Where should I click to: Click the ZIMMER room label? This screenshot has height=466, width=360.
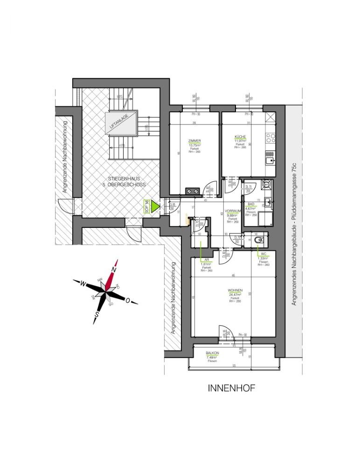pos(194,141)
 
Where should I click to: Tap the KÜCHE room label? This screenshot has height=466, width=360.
pos(241,136)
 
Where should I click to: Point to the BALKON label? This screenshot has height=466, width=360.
pos(212,354)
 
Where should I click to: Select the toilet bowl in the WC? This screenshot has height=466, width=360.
pos(260,240)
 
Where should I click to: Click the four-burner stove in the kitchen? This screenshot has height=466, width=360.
pos(270,138)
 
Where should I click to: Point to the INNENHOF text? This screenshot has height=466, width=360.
pos(231,388)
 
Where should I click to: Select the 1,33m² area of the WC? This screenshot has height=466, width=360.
pos(263,258)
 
